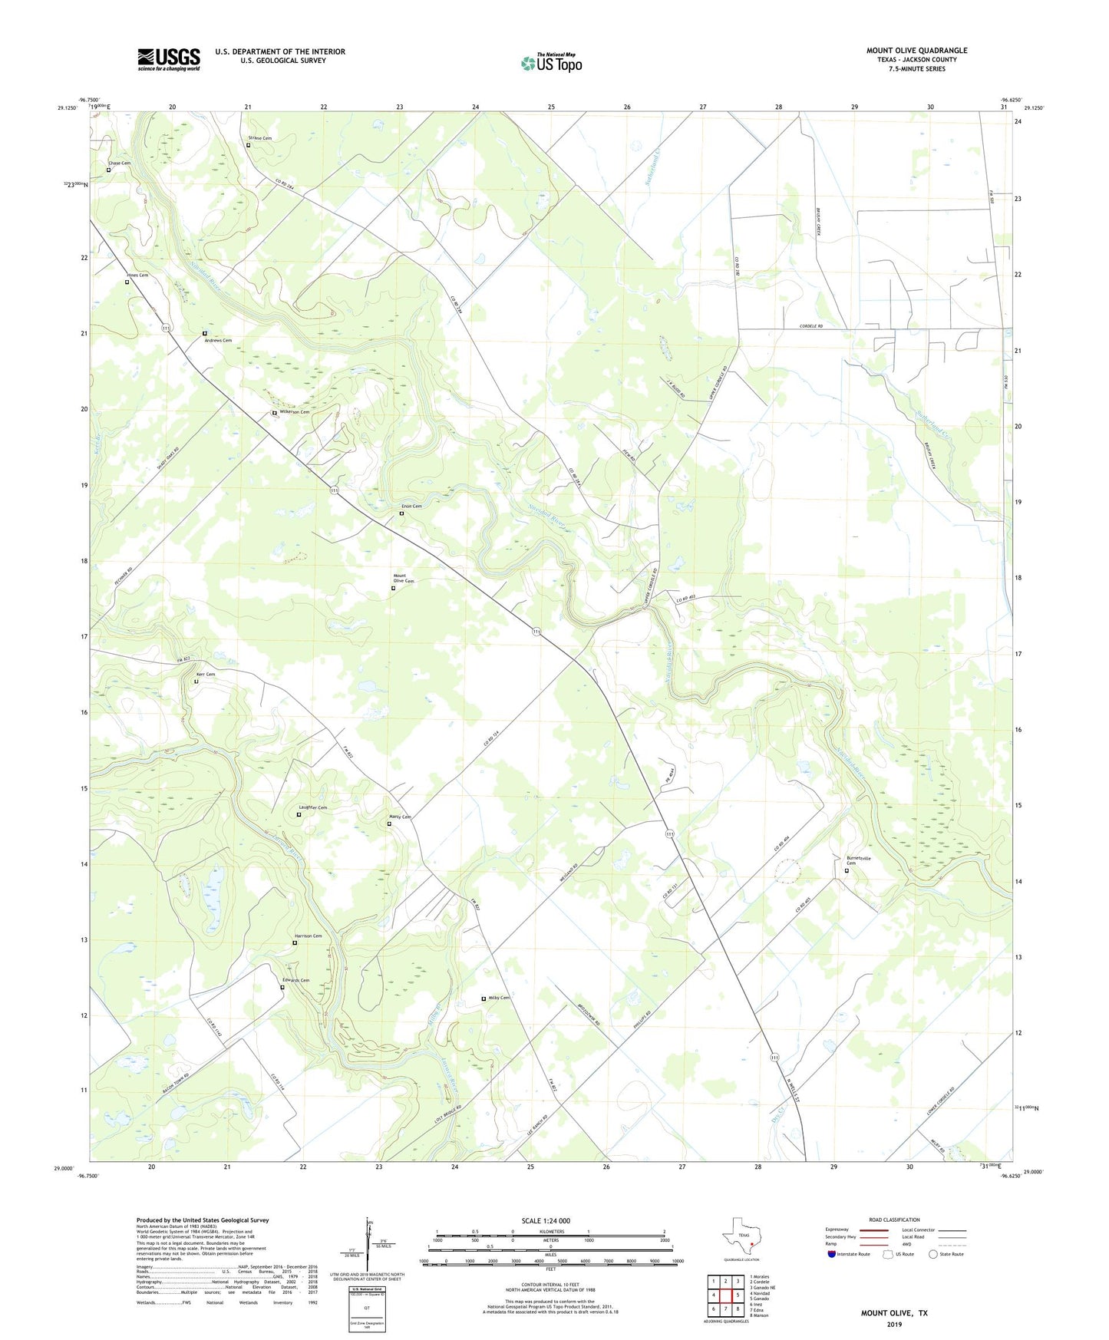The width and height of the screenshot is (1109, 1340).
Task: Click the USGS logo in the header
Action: [169, 58]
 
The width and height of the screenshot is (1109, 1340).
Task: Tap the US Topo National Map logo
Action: [551, 62]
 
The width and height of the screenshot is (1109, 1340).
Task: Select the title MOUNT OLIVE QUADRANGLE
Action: [916, 51]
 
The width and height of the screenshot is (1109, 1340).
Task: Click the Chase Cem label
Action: [119, 163]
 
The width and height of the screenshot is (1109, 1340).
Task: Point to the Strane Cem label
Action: [259, 138]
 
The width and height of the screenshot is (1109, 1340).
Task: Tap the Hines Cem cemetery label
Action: [137, 275]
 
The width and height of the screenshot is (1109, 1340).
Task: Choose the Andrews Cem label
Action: [218, 340]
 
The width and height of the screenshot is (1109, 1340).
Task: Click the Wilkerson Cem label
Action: [294, 412]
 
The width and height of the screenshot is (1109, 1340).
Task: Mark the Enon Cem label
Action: [411, 507]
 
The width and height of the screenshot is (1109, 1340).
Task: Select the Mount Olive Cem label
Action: [404, 578]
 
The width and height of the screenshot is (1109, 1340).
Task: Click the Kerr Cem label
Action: [206, 675]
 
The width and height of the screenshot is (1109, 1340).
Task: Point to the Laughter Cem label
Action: [312, 807]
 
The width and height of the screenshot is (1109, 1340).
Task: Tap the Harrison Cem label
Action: [308, 936]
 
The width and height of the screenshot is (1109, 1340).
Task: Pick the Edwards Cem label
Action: [295, 980]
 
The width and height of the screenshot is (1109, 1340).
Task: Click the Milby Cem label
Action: [498, 998]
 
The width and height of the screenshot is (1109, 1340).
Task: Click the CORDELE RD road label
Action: [810, 326]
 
